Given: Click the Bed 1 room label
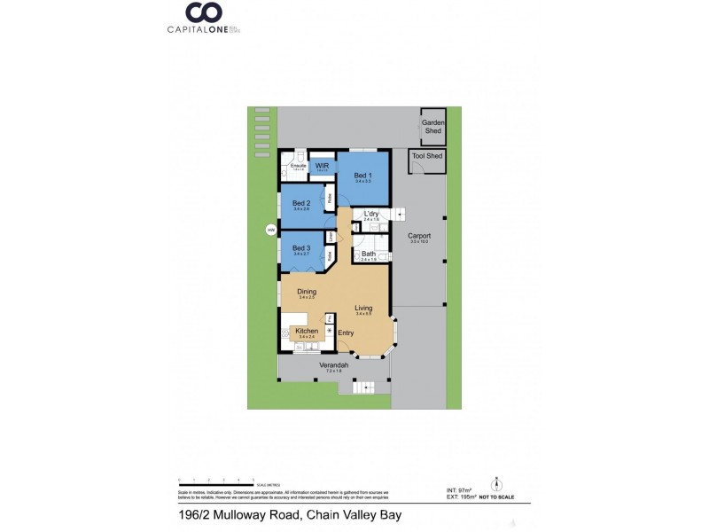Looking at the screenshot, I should [x=362, y=176].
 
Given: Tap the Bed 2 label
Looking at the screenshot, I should [x=301, y=203].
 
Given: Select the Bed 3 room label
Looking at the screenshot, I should [x=301, y=248].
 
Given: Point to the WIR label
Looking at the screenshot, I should [x=322, y=165].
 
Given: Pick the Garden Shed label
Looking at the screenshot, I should [x=432, y=127].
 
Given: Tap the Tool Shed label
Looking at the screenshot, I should [x=428, y=157].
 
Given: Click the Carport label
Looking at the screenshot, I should [x=419, y=236].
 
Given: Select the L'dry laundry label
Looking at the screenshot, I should [x=371, y=214].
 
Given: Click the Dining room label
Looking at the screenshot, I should [x=307, y=291].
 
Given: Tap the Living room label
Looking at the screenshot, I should [x=363, y=308].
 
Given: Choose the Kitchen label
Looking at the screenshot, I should [x=307, y=331].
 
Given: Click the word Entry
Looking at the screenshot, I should [x=346, y=332].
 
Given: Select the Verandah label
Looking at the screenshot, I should [x=333, y=365].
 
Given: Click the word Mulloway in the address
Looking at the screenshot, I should [x=233, y=514].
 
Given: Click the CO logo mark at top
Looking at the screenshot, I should [x=202, y=12].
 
